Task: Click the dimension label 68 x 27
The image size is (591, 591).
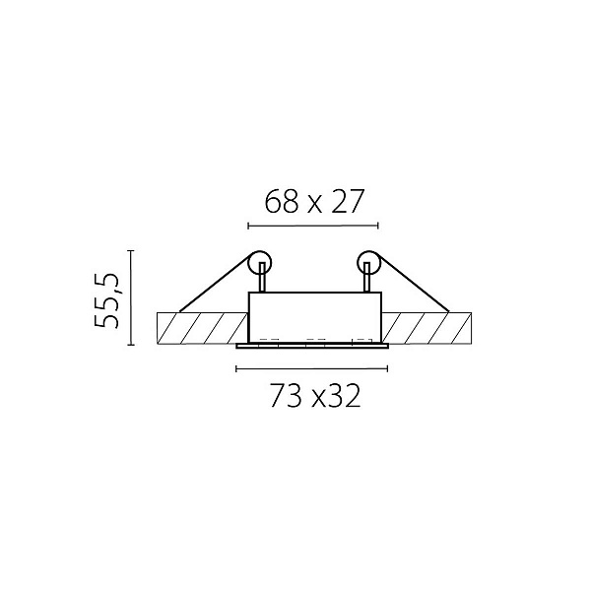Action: [314, 201]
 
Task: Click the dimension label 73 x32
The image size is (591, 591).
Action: [315, 396]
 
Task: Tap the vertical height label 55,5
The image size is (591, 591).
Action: [106, 300]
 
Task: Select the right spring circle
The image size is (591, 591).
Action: [357, 262]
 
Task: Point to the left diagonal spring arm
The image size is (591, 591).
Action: [214, 283]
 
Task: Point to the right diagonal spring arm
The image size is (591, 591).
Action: [413, 283]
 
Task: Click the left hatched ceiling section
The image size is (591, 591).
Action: [202, 328]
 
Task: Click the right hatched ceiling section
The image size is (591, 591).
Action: [427, 328]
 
